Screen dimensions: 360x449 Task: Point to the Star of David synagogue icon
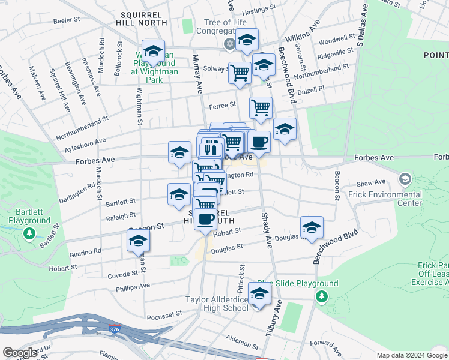point(229,44)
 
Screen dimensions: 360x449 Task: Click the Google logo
point(20,353)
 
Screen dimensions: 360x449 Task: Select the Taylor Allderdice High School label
point(217,304)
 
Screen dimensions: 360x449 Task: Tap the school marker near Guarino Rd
point(138,242)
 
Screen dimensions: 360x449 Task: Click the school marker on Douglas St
point(312,227)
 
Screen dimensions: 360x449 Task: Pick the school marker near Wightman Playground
point(153,51)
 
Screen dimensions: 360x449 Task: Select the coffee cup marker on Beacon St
point(205,219)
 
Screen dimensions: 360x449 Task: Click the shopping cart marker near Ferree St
point(261,108)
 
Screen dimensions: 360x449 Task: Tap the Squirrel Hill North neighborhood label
point(142,17)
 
